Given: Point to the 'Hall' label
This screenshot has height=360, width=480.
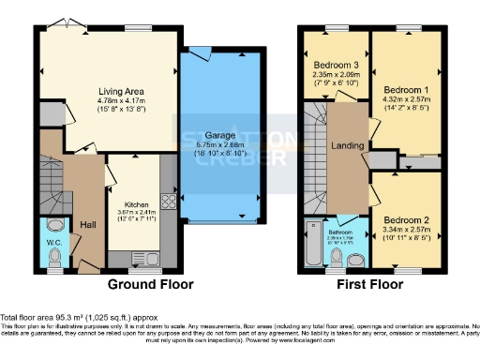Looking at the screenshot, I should [x=87, y=225].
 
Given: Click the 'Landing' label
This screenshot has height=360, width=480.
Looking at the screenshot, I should [x=348, y=144].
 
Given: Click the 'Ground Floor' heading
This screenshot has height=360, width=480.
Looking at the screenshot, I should [x=151, y=284].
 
